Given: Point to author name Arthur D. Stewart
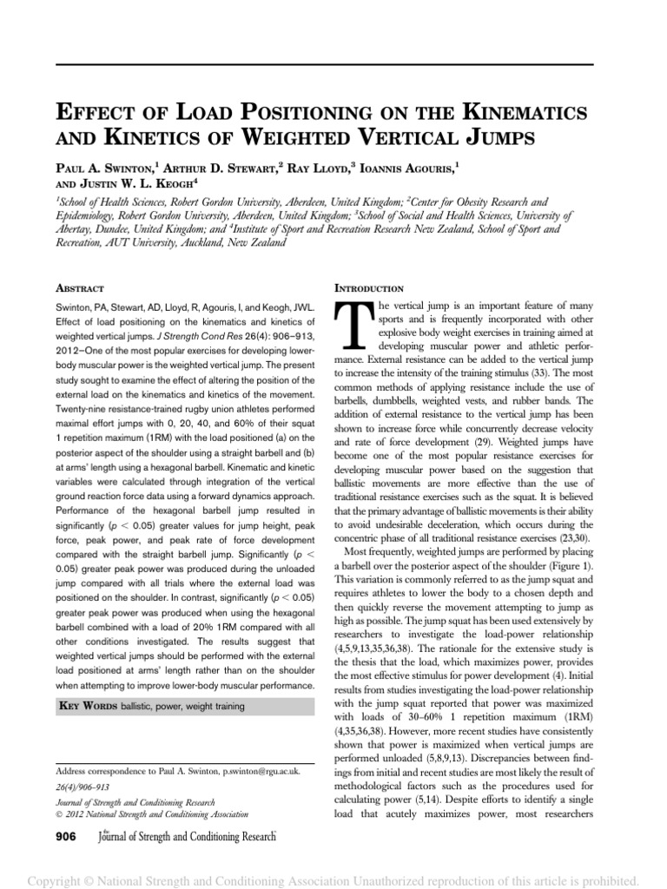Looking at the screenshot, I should [235, 164].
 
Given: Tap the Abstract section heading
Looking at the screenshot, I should [80, 287].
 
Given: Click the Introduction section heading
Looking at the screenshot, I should [367, 287].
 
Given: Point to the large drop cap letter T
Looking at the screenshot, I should [353, 330].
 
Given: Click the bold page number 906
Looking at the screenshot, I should [66, 835].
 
